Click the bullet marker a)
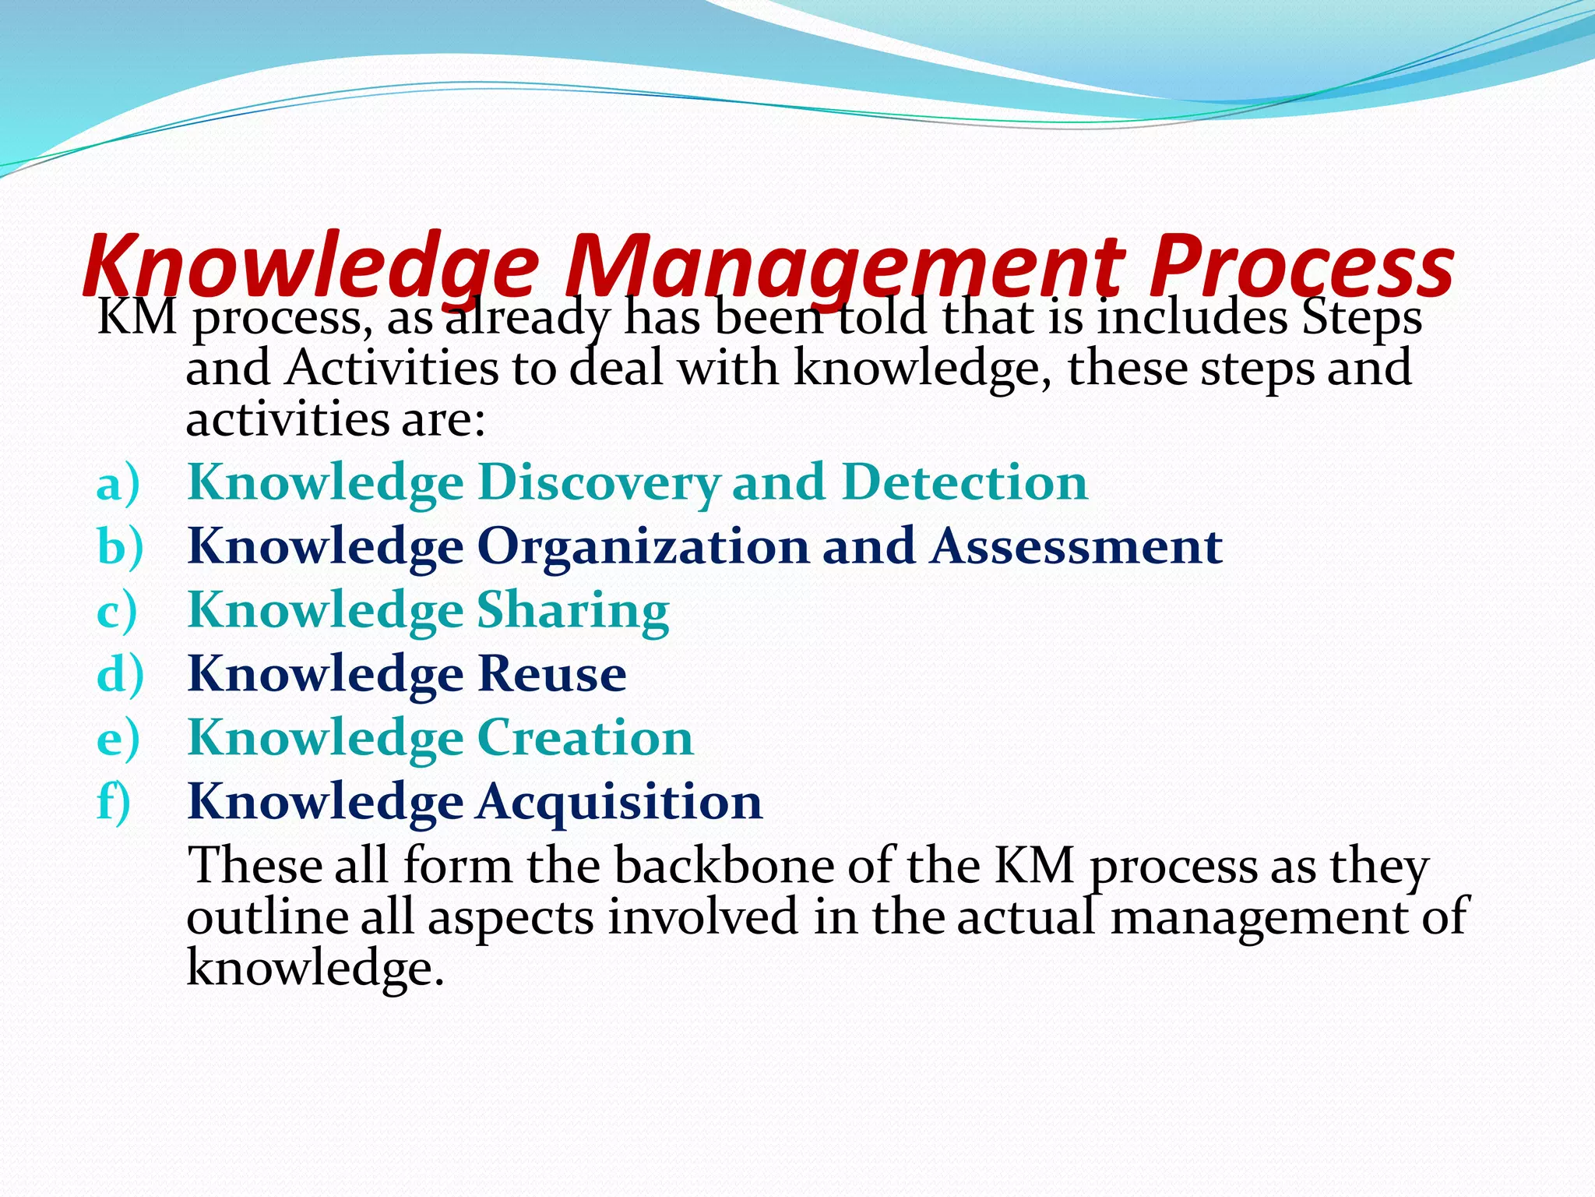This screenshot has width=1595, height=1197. [x=118, y=483]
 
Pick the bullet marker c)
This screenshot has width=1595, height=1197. [x=117, y=611]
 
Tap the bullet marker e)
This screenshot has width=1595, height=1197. [x=118, y=739]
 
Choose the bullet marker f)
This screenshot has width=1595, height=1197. [x=114, y=802]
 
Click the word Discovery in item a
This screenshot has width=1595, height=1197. [x=599, y=483]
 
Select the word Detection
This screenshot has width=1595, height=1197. [x=964, y=482]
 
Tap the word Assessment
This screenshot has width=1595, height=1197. [x=1076, y=546]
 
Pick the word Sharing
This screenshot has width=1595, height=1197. [x=572, y=611]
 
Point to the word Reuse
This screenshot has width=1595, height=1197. [x=551, y=674]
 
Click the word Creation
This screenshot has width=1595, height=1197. [x=585, y=738]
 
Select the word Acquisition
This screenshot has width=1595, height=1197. [x=620, y=802]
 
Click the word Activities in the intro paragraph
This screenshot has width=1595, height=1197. [x=391, y=368]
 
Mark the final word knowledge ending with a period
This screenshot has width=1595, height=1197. [x=315, y=968]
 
